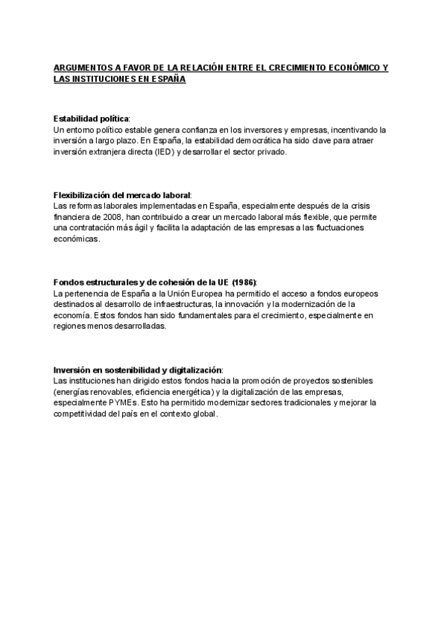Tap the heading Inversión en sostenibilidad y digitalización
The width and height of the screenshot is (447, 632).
138,370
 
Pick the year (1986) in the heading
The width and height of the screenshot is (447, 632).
244,282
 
